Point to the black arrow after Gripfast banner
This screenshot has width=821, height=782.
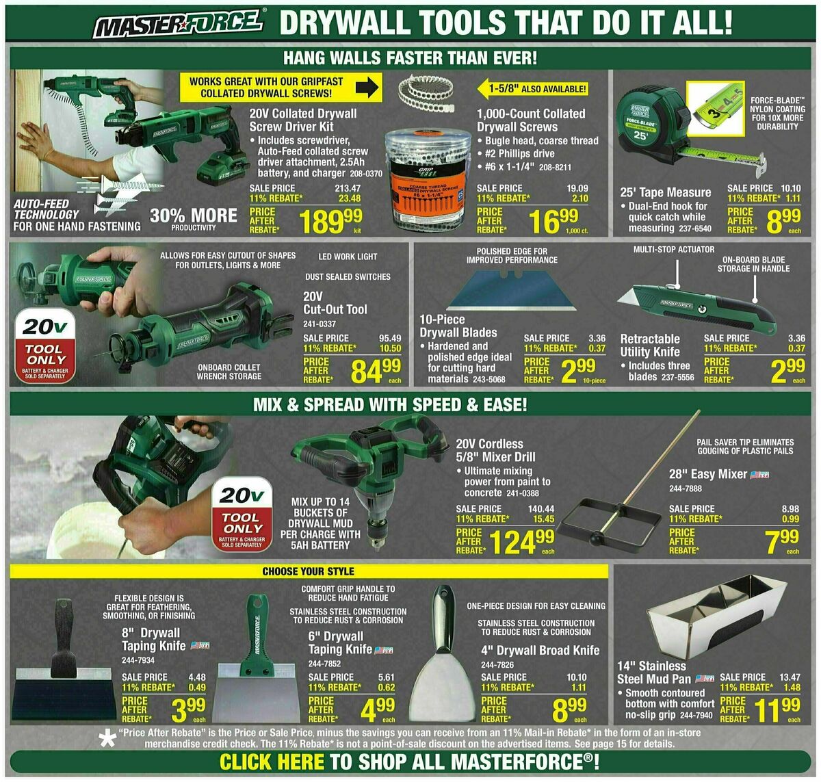pyautogui.click(x=368, y=88)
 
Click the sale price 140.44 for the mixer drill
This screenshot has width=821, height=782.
pyautogui.click(x=541, y=509)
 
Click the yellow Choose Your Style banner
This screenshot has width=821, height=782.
pyautogui.click(x=309, y=571)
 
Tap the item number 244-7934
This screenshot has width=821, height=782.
pyautogui.click(x=139, y=660)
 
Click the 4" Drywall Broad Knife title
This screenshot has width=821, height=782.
pyautogui.click(x=540, y=650)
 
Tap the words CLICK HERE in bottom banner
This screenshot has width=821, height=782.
pyautogui.click(x=272, y=762)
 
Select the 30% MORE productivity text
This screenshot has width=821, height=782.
pyautogui.click(x=194, y=217)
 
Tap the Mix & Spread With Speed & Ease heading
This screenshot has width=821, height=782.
pyautogui.click(x=390, y=404)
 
